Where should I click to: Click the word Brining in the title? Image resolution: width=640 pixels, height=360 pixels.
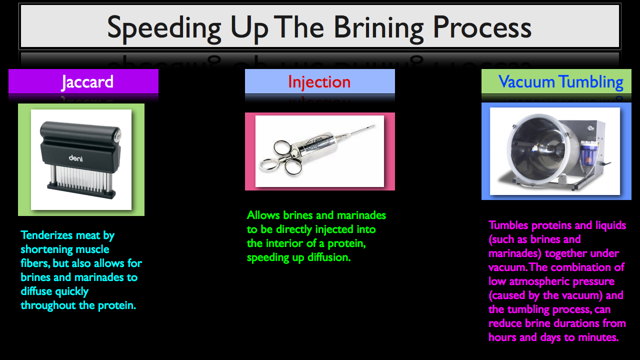tap(379, 28)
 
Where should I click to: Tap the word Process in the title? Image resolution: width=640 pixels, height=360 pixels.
tap(482, 27)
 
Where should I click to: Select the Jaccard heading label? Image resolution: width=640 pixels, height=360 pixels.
tap(87, 82)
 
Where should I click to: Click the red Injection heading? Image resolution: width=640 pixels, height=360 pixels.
tap(319, 82)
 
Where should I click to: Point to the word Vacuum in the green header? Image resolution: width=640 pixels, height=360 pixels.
tap(526, 81)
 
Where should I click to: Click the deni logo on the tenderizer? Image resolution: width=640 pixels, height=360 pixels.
tap(75, 158)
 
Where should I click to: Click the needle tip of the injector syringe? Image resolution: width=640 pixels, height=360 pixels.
tap(375, 125)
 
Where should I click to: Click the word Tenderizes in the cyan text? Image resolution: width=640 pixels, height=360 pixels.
tap(47, 235)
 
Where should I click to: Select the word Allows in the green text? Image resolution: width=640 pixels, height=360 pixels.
tap(263, 215)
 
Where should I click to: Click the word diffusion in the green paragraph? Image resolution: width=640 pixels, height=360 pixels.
tap(329, 257)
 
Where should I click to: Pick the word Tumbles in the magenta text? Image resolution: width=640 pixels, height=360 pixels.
tap(508, 225)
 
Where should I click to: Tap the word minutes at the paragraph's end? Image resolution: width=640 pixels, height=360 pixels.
tap(598, 337)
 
